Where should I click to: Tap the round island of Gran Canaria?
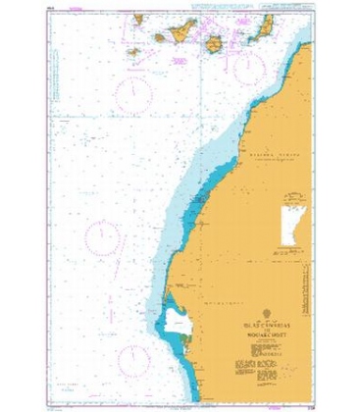tap(213, 43)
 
